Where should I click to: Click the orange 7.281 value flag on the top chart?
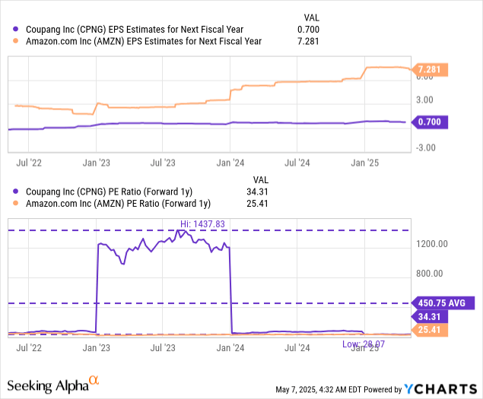[x=431, y=70]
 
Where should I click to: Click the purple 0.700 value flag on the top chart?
[x=431, y=122]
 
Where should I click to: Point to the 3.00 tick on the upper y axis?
[x=424, y=100]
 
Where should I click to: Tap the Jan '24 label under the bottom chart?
[x=231, y=348]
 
